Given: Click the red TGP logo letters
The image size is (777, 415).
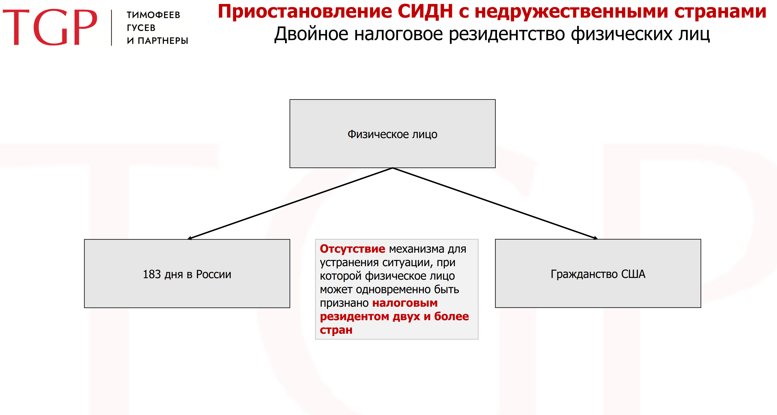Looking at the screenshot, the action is [50, 27].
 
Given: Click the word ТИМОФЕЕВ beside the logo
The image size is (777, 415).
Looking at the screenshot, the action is [153, 15].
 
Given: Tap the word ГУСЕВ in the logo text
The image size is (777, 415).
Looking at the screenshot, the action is [141, 28].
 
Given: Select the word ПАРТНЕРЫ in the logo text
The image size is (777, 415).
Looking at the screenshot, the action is [163, 41].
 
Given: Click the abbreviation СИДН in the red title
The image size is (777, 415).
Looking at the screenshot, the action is [425, 12].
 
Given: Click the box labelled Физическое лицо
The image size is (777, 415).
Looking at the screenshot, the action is [392, 134].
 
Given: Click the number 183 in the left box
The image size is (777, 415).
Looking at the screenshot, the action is [152, 274].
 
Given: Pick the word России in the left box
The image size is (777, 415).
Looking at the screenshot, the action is [213, 274].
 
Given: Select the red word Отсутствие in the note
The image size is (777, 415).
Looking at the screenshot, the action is [352, 249].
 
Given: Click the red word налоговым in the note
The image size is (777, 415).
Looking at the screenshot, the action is [405, 303].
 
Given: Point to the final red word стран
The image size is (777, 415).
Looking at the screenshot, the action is [336, 330].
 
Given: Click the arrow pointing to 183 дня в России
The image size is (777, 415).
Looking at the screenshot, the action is [290, 203].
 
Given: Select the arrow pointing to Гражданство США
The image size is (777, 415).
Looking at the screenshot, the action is [495, 203].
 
